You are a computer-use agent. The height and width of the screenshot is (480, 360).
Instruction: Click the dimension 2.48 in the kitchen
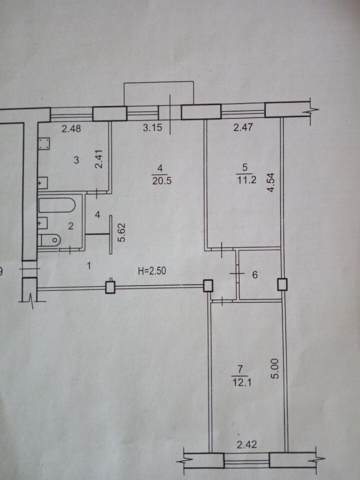pyautogui.click(x=71, y=128)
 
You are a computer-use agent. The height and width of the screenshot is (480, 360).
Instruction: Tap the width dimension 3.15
pyautogui.click(x=152, y=127)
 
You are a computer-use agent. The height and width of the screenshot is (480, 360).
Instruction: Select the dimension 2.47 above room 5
pyautogui.click(x=243, y=127)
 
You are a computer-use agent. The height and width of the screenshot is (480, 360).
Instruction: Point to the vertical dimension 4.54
pyautogui.click(x=271, y=182)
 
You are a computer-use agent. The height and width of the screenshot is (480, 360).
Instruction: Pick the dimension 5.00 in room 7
pyautogui.click(x=274, y=369)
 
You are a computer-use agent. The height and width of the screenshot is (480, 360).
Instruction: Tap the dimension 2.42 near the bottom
pyautogui.click(x=246, y=444)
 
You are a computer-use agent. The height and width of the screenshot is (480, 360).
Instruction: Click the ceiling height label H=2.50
pyautogui.click(x=152, y=270)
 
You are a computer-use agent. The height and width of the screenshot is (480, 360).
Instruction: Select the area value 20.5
pyautogui.click(x=161, y=181)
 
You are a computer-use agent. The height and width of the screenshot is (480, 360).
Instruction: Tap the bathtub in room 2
pyautogui.click(x=57, y=205)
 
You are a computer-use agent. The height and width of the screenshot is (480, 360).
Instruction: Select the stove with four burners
pyautogui.click(x=44, y=144)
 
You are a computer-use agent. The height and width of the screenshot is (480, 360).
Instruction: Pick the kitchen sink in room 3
pyautogui.click(x=42, y=183)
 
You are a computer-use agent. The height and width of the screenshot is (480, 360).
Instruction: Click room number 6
pyautogui.click(x=254, y=275)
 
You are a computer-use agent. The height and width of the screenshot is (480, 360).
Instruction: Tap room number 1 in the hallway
pyautogui.click(x=89, y=265)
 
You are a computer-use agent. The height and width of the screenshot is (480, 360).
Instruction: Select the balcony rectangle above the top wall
pyautogui.click(x=158, y=93)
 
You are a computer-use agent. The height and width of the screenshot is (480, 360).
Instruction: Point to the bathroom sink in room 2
pyautogui.click(x=42, y=223)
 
